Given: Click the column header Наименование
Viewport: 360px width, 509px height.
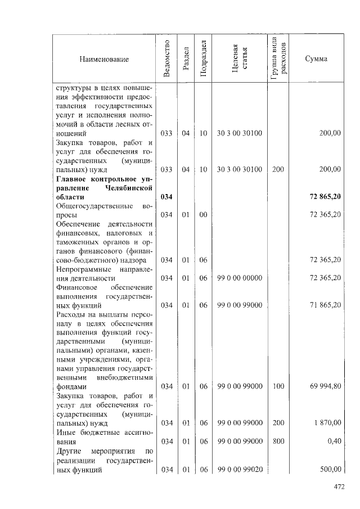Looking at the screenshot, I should [x=104, y=59].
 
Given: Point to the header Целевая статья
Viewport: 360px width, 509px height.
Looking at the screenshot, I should [x=240, y=59].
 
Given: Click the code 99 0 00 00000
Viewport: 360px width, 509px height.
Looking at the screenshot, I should [x=240, y=278].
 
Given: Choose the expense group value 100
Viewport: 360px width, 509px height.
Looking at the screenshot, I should [x=278, y=386].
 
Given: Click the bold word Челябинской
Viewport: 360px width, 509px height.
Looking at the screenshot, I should [x=129, y=188].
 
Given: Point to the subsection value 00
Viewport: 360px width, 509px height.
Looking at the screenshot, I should [x=204, y=215].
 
